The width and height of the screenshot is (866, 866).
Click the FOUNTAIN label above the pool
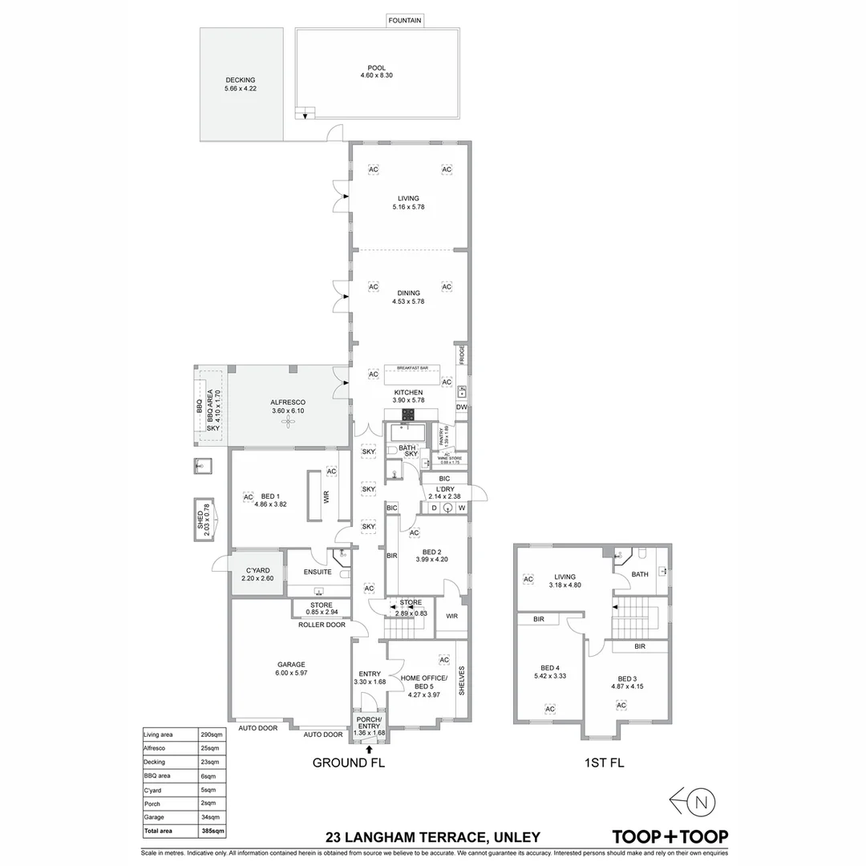click(405, 20)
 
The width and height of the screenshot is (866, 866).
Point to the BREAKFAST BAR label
click(413, 368)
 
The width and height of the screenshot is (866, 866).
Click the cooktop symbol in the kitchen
click(408, 414)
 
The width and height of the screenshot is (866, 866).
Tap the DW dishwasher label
click(461, 407)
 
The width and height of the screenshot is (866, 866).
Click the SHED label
click(200, 519)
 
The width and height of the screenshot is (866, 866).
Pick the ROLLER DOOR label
click(322, 625)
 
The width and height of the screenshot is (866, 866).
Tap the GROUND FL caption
click(349, 763)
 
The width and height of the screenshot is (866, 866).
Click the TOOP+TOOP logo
click(670, 836)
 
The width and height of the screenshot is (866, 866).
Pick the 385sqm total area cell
click(213, 831)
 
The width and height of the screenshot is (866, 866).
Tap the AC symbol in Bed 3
click(621, 705)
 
